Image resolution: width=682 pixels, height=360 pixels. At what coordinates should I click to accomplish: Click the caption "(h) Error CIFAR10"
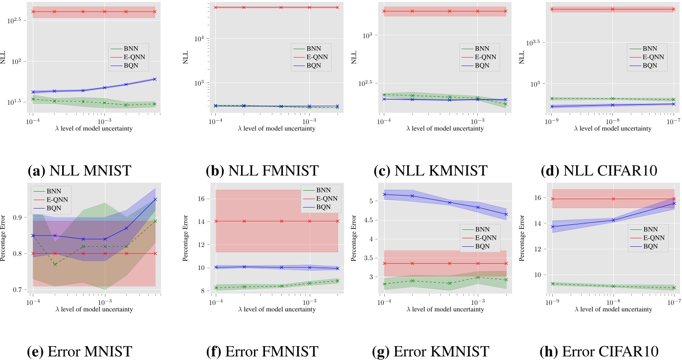click(x=599, y=351)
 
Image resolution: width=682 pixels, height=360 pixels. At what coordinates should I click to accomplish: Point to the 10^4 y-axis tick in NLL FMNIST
click(x=203, y=39)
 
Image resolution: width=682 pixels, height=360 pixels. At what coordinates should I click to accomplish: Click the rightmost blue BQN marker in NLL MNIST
click(x=155, y=79)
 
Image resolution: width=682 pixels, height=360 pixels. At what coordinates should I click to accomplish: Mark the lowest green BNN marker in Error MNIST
click(x=55, y=264)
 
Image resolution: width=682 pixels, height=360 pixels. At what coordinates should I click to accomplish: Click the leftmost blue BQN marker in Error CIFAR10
click(x=552, y=226)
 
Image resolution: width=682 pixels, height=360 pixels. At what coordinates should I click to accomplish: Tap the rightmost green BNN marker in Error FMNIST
click(x=338, y=281)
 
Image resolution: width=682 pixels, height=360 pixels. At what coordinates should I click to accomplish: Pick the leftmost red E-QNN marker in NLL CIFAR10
click(x=552, y=9)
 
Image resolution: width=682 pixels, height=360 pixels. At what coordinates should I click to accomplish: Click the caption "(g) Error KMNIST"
click(x=430, y=351)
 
